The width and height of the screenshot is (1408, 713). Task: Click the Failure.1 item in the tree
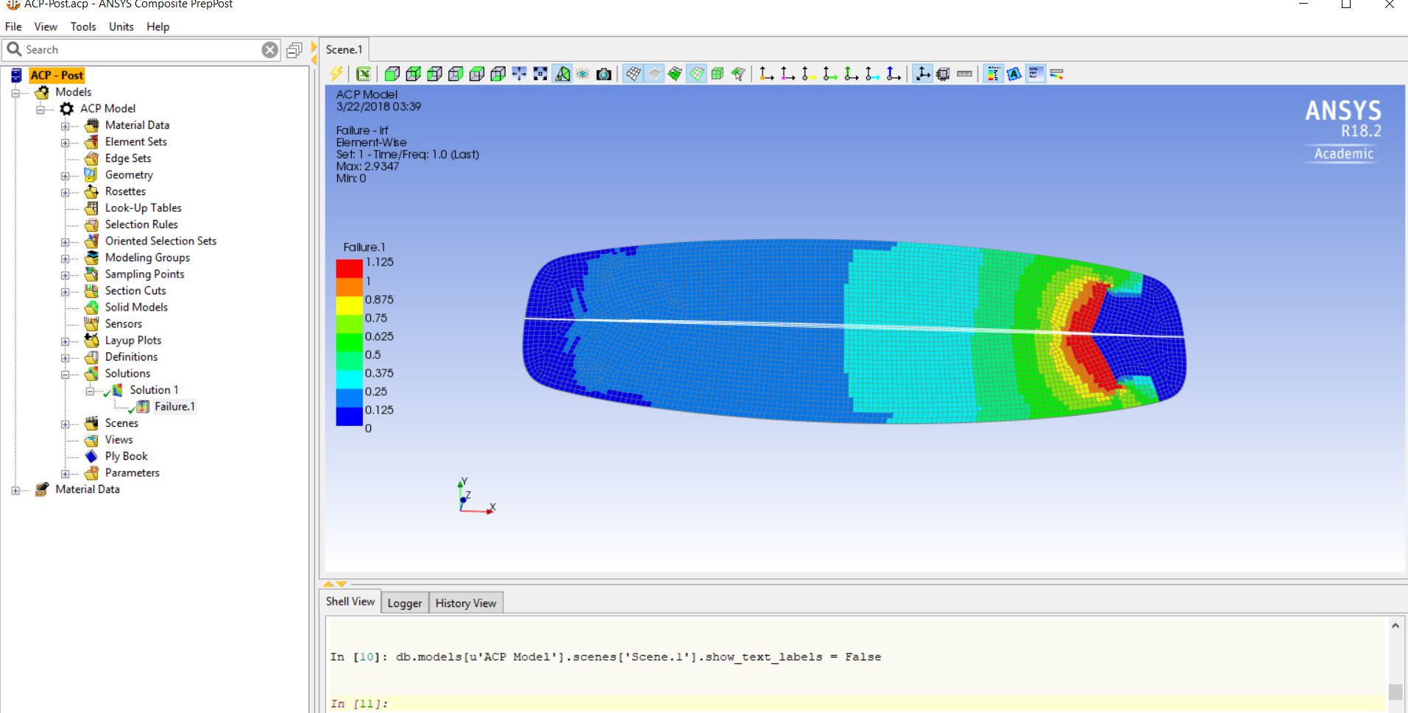(174, 406)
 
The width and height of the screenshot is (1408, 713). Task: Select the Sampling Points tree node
(144, 274)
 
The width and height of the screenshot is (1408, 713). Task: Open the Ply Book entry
(126, 456)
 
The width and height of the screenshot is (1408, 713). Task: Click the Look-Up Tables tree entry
(143, 207)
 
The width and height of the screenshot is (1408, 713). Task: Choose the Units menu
(121, 26)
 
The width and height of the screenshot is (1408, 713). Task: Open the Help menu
(158, 26)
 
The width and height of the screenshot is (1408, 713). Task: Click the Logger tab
(404, 603)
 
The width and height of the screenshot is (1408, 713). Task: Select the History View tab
(465, 603)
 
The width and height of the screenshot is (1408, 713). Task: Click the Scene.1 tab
(344, 49)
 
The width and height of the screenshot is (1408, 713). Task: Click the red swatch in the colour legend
(349, 269)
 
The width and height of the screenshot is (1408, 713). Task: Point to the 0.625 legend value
(379, 336)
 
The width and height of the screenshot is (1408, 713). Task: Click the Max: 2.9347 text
(367, 166)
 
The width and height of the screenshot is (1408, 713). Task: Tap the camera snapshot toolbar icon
(604, 74)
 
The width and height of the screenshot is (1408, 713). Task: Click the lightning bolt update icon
(336, 74)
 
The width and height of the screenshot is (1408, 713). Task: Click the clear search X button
(270, 49)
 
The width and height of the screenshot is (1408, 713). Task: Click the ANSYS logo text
(1342, 111)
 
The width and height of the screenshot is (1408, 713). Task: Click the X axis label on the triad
(492, 507)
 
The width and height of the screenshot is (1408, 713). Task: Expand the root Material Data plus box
(15, 490)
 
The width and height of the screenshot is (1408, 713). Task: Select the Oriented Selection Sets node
(160, 241)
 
